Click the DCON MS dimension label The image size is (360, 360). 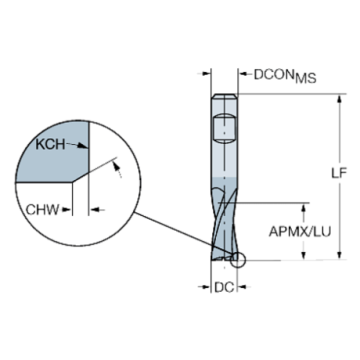click(x=285, y=76)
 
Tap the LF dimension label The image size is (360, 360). click(x=339, y=173)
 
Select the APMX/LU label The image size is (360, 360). click(x=300, y=231)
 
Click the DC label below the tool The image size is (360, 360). click(x=224, y=287)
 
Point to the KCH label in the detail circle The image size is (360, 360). click(x=51, y=144)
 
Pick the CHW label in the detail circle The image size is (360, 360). click(x=43, y=209)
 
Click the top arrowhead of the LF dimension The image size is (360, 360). click(x=339, y=99)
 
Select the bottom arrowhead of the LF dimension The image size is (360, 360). click(x=339, y=255)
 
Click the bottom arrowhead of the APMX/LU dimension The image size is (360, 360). click(x=303, y=255)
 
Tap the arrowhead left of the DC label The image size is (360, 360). click(x=204, y=287)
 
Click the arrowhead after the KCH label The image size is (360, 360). click(x=82, y=146)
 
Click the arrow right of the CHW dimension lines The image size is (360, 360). click(x=97, y=210)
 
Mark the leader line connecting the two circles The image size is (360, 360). click(x=184, y=233)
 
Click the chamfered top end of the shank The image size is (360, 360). click(x=224, y=96)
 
